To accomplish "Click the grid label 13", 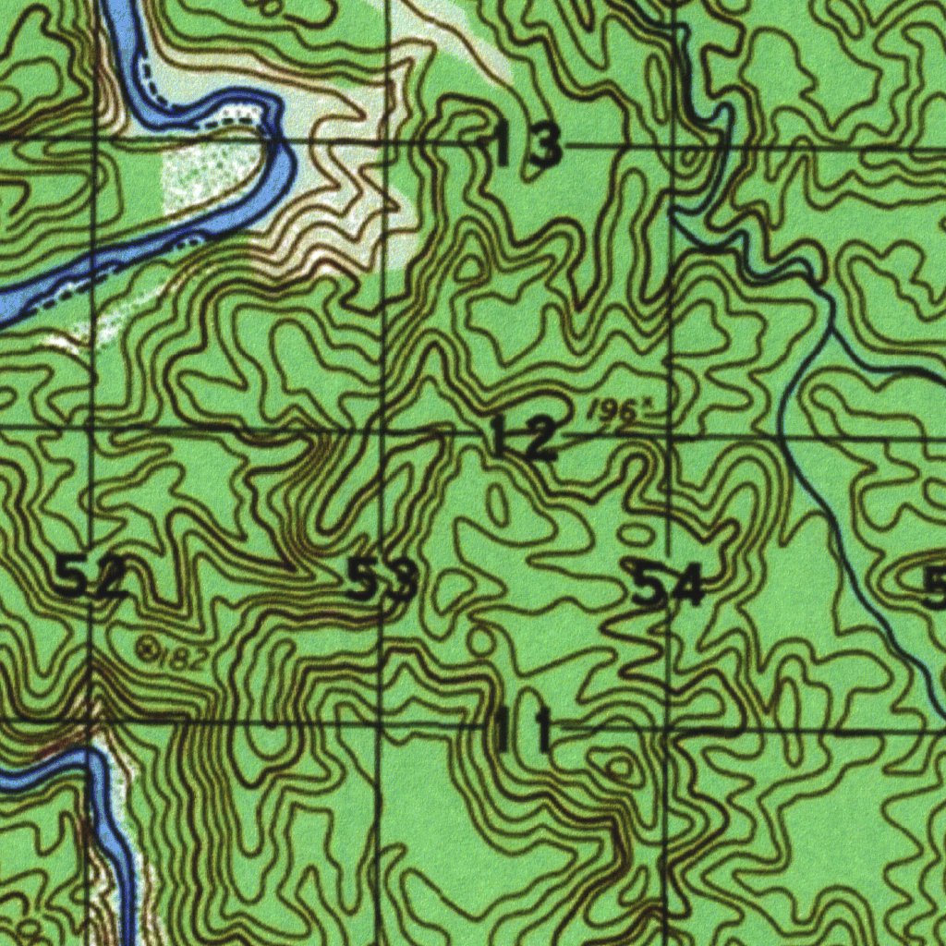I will (528, 145).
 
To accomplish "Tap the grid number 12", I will (524, 437).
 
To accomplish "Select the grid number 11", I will (524, 730).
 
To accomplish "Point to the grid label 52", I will (90, 578).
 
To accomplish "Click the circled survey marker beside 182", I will (146, 649).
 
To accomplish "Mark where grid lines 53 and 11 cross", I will (381, 724).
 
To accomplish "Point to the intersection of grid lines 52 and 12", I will (91, 428).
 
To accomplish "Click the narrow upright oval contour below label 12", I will (498, 505).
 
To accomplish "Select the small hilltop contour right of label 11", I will (618, 766).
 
